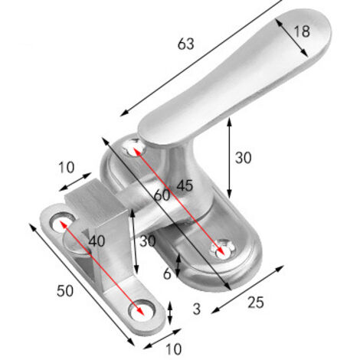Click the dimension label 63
[x=186, y=44]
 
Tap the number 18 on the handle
[x=302, y=31]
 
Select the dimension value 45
[x=185, y=185]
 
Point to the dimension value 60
[x=162, y=195]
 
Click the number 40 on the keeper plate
[x=97, y=241]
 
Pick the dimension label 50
[x=65, y=291]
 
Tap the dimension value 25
[x=256, y=303]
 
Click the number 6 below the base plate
[x=167, y=274]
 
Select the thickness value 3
[x=197, y=309]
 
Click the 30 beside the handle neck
[x=243, y=158]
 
